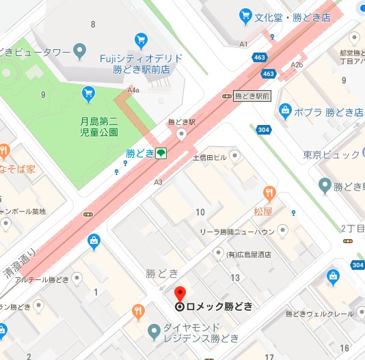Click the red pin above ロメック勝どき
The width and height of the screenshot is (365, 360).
[x=180, y=293]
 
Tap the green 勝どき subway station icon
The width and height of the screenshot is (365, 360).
[x=161, y=153]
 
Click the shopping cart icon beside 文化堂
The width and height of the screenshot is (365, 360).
[x=245, y=15]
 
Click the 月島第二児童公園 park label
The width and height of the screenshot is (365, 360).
[x=98, y=126]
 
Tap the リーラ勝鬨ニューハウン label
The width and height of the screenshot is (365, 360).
[x=237, y=232]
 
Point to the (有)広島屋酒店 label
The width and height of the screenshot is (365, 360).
[x=248, y=255]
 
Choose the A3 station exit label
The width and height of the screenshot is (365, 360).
[x=159, y=182]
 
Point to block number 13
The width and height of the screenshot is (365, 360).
[x=235, y=277]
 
